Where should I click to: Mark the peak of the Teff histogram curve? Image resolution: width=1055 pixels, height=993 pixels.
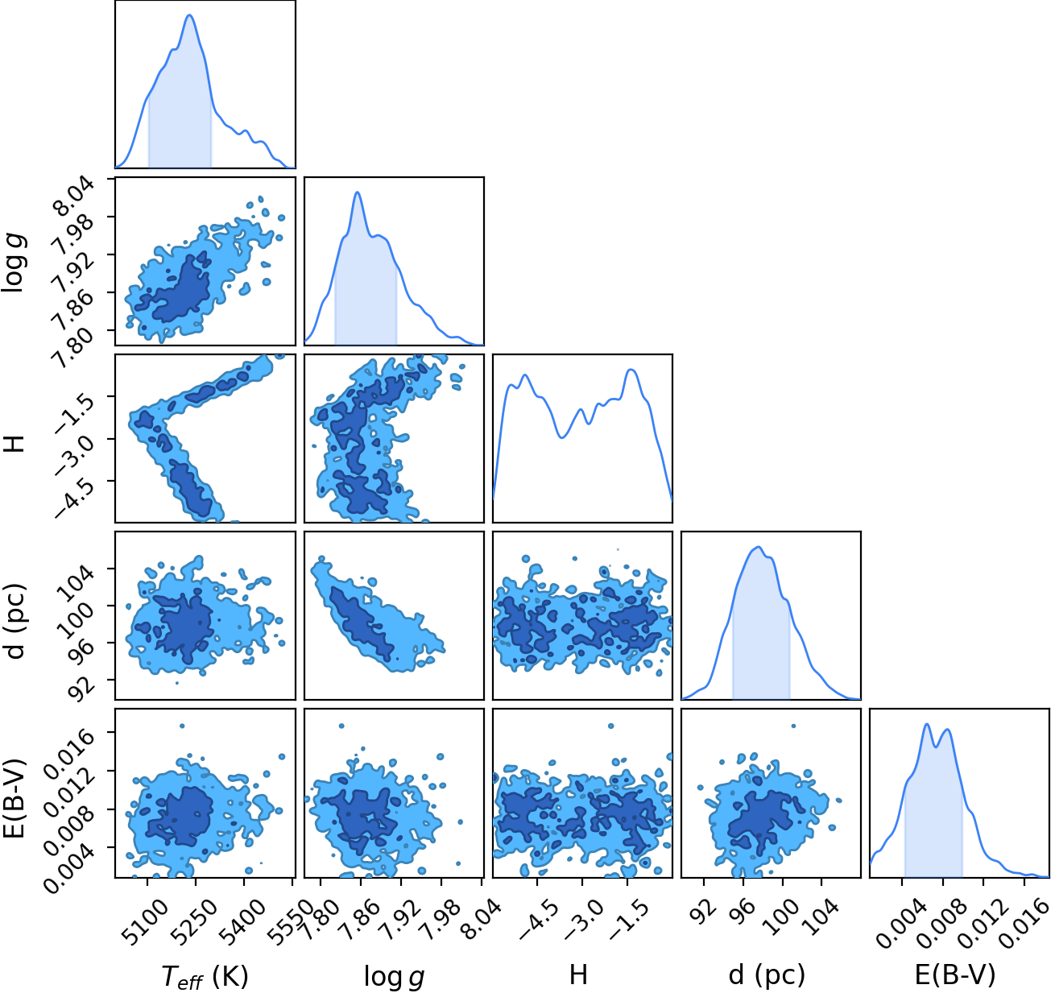(x=189, y=14)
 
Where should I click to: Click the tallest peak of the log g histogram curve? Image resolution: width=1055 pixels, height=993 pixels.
(x=358, y=192)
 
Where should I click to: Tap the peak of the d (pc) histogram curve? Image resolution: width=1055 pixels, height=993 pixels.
(x=758, y=548)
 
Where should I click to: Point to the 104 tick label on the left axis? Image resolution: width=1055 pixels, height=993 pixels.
(x=76, y=583)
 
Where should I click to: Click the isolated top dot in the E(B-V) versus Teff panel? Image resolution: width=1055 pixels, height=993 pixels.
(x=182, y=726)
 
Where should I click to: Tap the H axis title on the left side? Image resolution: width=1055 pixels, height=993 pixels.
(x=14, y=439)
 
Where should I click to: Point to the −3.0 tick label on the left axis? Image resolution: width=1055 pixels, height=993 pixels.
(x=73, y=453)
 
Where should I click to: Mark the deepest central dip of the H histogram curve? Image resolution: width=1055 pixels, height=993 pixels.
(x=561, y=437)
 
